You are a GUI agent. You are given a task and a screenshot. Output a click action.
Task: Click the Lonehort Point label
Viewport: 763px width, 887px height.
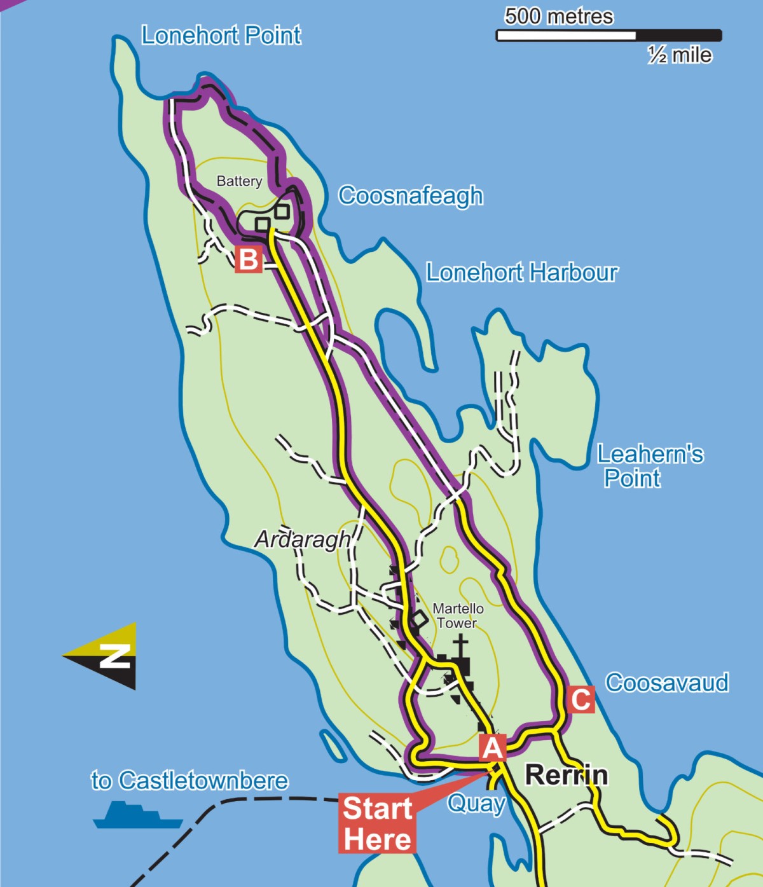(221, 36)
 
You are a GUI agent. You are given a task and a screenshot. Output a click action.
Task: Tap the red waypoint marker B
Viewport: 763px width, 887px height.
(248, 259)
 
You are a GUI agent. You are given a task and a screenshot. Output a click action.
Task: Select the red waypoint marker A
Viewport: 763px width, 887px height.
(493, 747)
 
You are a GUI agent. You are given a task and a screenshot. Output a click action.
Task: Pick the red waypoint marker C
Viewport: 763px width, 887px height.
(581, 699)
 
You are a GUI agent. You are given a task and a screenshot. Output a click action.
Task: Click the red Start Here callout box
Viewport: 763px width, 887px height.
(377, 823)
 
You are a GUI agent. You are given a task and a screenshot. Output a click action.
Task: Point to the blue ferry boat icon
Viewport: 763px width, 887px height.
(137, 815)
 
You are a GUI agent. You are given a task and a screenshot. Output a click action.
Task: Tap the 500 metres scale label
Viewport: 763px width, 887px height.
(559, 17)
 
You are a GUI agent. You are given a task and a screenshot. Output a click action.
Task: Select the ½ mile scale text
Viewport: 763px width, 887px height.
(680, 55)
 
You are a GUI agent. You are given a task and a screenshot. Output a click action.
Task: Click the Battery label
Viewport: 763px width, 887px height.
(239, 181)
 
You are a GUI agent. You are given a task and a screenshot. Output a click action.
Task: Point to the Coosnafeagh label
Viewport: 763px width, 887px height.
(410, 195)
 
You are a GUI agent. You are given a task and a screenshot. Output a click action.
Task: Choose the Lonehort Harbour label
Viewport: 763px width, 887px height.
(521, 272)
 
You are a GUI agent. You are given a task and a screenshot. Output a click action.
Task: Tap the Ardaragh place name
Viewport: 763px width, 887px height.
(303, 539)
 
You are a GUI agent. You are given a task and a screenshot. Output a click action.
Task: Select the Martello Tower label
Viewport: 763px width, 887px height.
(458, 615)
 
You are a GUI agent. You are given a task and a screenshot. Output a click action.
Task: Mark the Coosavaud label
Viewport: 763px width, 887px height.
(666, 682)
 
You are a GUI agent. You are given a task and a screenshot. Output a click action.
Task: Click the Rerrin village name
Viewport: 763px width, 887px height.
(566, 775)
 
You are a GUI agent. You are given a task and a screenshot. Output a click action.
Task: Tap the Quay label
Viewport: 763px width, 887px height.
(476, 803)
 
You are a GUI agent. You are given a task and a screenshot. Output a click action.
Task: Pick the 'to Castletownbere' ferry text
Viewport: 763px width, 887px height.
(189, 780)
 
